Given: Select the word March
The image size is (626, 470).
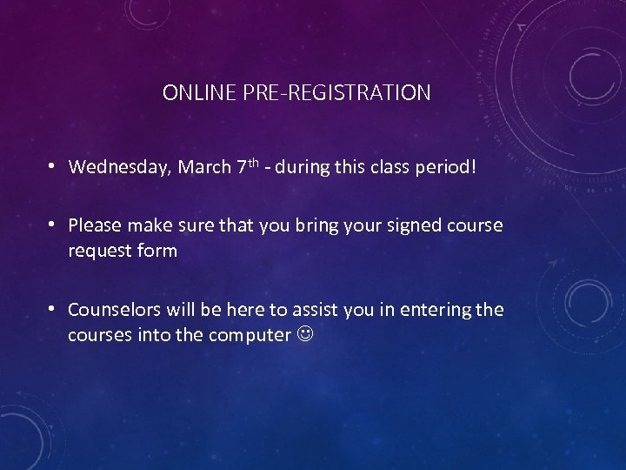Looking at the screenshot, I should (204, 166).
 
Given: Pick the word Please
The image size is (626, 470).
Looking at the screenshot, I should (96, 225).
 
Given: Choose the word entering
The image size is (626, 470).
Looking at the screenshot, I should (432, 310).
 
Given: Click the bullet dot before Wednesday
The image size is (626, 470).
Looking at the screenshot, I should (53, 166).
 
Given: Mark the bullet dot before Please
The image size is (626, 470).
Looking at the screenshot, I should (53, 225).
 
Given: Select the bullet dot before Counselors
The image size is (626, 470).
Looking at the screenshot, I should (53, 310).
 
